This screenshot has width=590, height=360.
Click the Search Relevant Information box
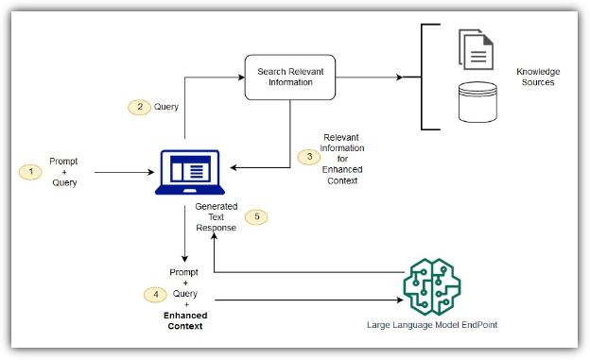[290, 77]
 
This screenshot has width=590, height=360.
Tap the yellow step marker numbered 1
[30, 172]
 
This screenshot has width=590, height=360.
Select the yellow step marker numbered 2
[140, 107]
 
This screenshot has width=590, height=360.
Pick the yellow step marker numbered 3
[309, 157]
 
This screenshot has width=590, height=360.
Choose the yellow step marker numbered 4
[155, 294]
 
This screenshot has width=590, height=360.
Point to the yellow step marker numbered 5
[256, 216]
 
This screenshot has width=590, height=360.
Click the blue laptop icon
[190, 172]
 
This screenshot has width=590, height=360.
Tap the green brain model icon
[432, 287]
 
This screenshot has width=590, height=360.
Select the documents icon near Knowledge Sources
[476, 49]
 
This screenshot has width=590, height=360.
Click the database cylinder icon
[477, 102]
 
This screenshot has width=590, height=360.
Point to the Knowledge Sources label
[538, 77]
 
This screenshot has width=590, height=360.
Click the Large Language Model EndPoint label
[432, 325]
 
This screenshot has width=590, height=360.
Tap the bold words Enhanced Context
[185, 320]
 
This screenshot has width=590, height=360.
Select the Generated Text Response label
[216, 217]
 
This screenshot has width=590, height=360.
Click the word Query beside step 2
[166, 107]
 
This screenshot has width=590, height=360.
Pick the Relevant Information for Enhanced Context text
[342, 159]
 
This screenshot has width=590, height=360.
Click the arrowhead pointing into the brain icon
[400, 300]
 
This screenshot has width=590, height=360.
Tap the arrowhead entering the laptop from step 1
[151, 172]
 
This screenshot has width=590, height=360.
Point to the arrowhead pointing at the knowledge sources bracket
[399, 77]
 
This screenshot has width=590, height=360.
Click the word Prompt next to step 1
[63, 162]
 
